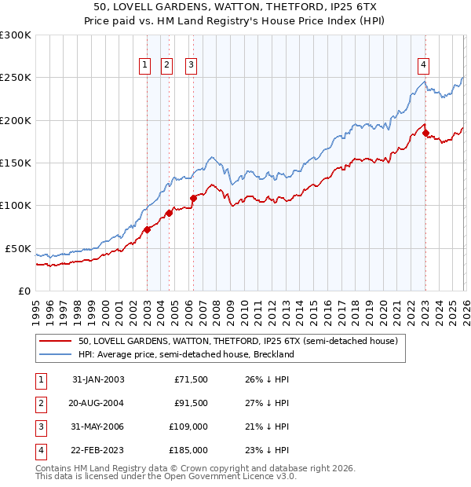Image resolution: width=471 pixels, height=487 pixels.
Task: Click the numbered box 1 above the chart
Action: tap(145, 66)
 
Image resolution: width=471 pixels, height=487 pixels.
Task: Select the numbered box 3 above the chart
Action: tap(191, 66)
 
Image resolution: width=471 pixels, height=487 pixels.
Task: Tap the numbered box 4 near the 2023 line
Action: tap(423, 66)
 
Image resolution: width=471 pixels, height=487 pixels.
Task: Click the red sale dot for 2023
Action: tap(425, 134)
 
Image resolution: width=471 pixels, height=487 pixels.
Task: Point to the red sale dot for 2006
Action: tap(193, 198)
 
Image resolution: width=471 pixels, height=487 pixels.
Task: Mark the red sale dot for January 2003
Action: tap(147, 229)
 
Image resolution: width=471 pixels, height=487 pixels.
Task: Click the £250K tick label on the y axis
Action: tap(16, 78)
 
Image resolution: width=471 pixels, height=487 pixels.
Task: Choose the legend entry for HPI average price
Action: tap(185, 354)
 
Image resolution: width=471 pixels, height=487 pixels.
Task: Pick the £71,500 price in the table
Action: tap(191, 379)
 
